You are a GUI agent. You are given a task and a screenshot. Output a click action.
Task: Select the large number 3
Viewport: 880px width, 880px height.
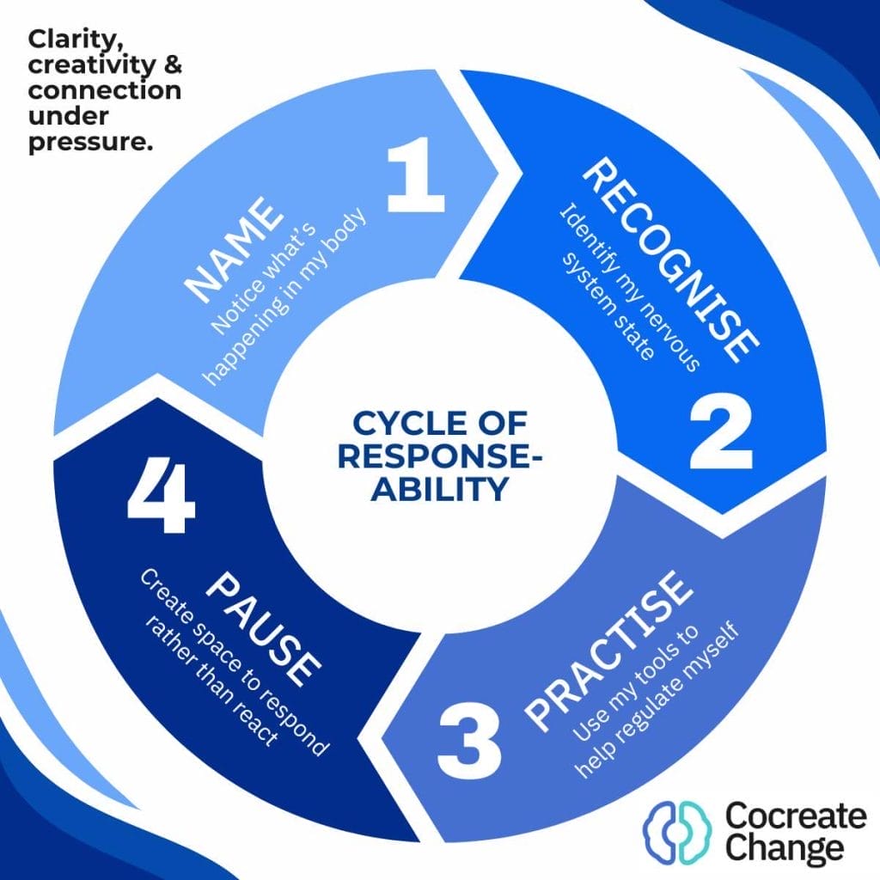coord(468,738)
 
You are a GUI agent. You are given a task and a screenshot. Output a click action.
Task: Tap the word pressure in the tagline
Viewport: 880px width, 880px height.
coord(90,143)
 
